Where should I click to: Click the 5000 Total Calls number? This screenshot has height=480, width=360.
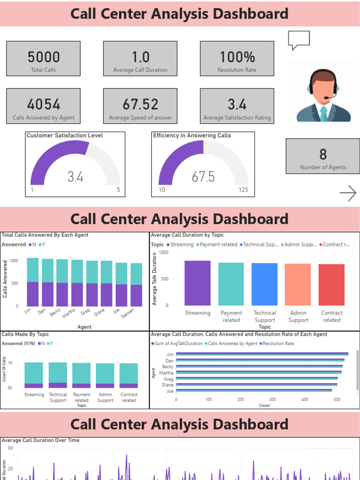pyautogui.click(x=44, y=57)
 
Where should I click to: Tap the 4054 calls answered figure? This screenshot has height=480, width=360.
pyautogui.click(x=44, y=104)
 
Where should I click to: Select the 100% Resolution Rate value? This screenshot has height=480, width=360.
pyautogui.click(x=237, y=57)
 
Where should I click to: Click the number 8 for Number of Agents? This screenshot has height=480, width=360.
pyautogui.click(x=323, y=154)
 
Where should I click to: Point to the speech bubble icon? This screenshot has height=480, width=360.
pyautogui.click(x=299, y=40)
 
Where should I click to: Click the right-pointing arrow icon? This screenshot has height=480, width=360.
pyautogui.click(x=348, y=193)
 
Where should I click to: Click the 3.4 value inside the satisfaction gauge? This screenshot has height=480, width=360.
pyautogui.click(x=75, y=177)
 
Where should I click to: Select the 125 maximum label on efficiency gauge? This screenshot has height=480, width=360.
pyautogui.click(x=243, y=190)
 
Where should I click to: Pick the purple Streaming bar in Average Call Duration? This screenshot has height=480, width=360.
pyautogui.click(x=197, y=283)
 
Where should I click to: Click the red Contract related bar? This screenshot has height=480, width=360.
pyautogui.click(x=331, y=285)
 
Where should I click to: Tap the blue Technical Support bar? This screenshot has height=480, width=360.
pyautogui.click(x=264, y=284)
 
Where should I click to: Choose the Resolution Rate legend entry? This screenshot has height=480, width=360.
pyautogui.click(x=278, y=344)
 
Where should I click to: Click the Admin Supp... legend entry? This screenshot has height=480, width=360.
pyautogui.click(x=300, y=245)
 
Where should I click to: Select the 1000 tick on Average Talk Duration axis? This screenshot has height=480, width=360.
pyautogui.click(x=163, y=252)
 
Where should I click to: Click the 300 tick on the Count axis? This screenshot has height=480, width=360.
pyautogui.click(x=272, y=400)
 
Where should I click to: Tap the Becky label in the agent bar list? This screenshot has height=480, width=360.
pyautogui.click(x=168, y=367)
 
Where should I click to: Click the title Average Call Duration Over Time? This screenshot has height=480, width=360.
pyautogui.click(x=41, y=440)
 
